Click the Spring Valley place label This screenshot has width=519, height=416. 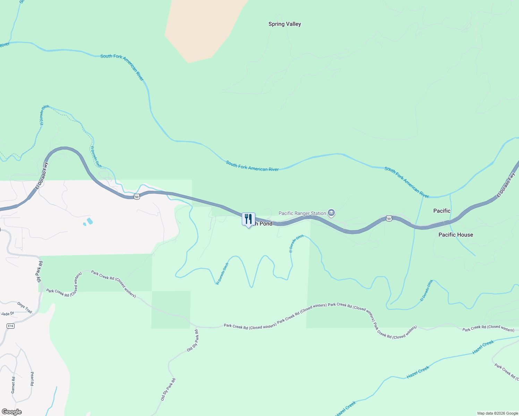coord(284,24)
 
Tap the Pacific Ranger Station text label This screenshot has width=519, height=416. coord(302,213)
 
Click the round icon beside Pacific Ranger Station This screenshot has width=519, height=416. coord(331,213)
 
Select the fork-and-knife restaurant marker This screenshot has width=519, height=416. coord(248,219)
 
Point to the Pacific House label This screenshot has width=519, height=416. coord(456,235)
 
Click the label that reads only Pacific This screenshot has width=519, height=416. coord(442,211)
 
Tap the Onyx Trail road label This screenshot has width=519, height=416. coord(25,307)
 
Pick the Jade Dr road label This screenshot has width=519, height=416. coord(7,314)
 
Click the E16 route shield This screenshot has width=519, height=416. coord(10,326)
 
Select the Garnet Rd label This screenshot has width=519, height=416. coord(13,385)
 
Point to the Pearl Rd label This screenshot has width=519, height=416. coord(32,379)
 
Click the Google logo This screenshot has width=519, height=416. coord(12,412)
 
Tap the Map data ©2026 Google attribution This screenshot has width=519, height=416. coord(497,413)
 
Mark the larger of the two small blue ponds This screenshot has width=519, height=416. coord(90,221)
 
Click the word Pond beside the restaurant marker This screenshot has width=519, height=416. coord(266,224)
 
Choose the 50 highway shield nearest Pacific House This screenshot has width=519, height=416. coord(389,218)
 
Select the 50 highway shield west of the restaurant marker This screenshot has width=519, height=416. coord(137,197)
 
